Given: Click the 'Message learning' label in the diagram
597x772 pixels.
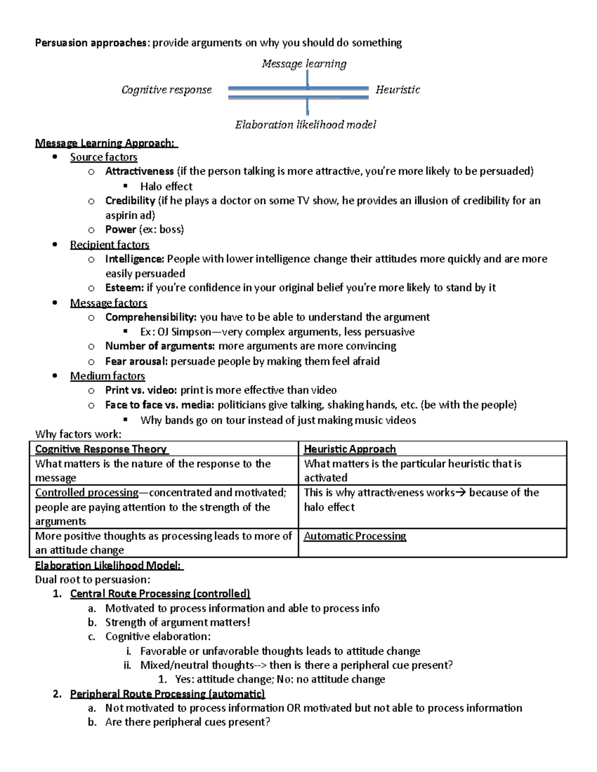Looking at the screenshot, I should (x=304, y=64).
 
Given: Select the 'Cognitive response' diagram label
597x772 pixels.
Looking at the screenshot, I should (x=166, y=90).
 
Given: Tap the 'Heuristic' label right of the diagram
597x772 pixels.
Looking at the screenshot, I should (x=398, y=90).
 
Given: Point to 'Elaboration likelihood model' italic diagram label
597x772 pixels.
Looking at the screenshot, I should (x=305, y=125).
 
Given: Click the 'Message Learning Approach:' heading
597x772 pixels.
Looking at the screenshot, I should (x=106, y=143).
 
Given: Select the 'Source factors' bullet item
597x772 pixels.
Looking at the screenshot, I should (x=103, y=157).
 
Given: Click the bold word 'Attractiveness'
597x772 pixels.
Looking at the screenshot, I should (x=139, y=172).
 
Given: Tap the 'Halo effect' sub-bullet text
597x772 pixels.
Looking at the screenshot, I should (x=166, y=186).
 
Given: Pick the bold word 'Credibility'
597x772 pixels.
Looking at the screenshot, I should (x=130, y=201).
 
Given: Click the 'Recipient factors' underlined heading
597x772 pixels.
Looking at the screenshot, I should (x=109, y=245).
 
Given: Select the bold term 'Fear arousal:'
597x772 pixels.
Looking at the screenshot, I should (x=136, y=361).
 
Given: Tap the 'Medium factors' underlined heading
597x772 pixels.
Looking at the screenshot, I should (x=107, y=376).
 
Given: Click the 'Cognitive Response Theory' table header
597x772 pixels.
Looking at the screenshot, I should (x=101, y=449).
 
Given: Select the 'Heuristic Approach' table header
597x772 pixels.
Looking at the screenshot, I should (x=350, y=449).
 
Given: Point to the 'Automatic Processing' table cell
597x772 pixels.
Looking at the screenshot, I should (x=355, y=536).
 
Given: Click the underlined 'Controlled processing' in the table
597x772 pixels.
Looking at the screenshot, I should (x=87, y=493).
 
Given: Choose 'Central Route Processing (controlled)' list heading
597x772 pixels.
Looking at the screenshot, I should (x=160, y=594).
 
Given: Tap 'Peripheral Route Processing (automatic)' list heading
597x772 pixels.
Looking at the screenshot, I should (x=168, y=694).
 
